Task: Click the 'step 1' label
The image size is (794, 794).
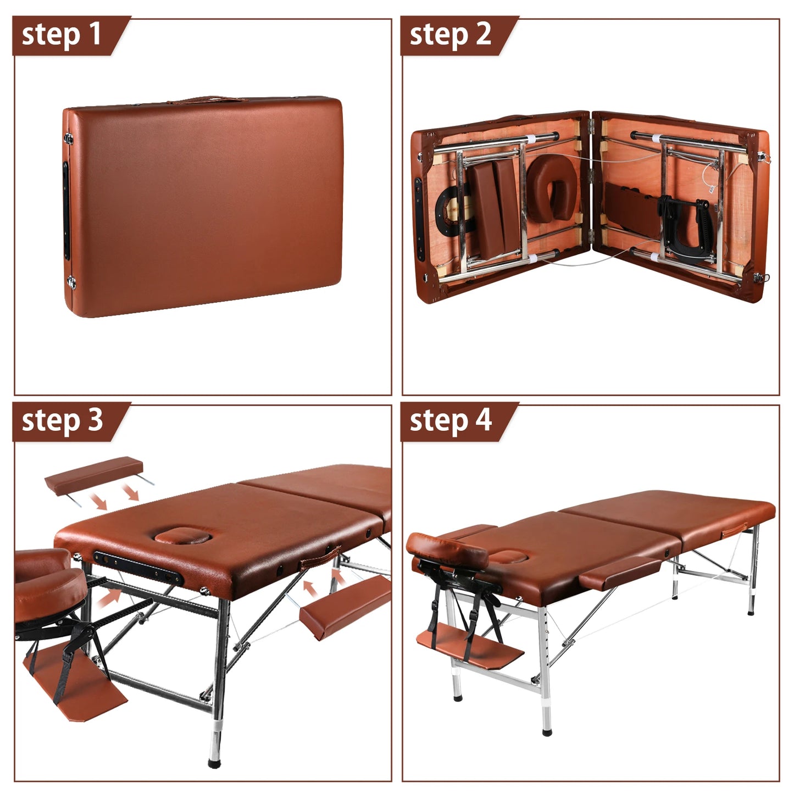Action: point(62,35)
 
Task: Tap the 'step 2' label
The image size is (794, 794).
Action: point(450,35)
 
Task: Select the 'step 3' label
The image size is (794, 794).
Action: point(62,421)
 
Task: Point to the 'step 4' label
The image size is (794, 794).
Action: point(450,421)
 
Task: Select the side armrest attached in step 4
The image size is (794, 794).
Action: point(621,571)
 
